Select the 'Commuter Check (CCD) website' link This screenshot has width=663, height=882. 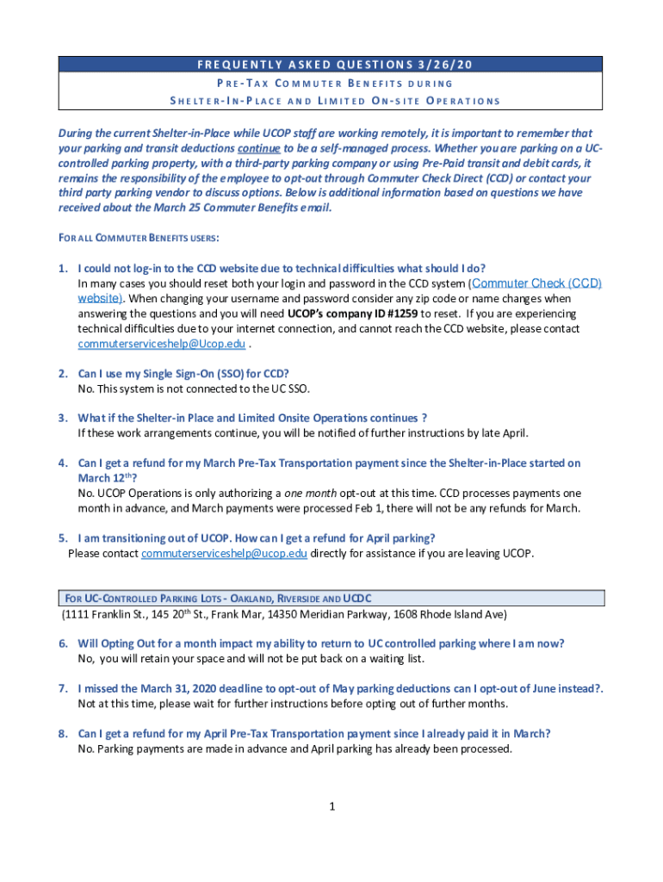pyautogui.click(x=536, y=283)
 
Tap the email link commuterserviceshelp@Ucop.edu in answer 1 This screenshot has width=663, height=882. pyautogui.click(x=161, y=344)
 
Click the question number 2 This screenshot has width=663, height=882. pyautogui.click(x=63, y=374)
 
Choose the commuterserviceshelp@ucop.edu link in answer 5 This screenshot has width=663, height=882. pyautogui.click(x=224, y=553)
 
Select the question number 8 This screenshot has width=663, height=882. pyautogui.click(x=63, y=734)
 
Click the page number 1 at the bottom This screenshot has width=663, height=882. pyautogui.click(x=331, y=806)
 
